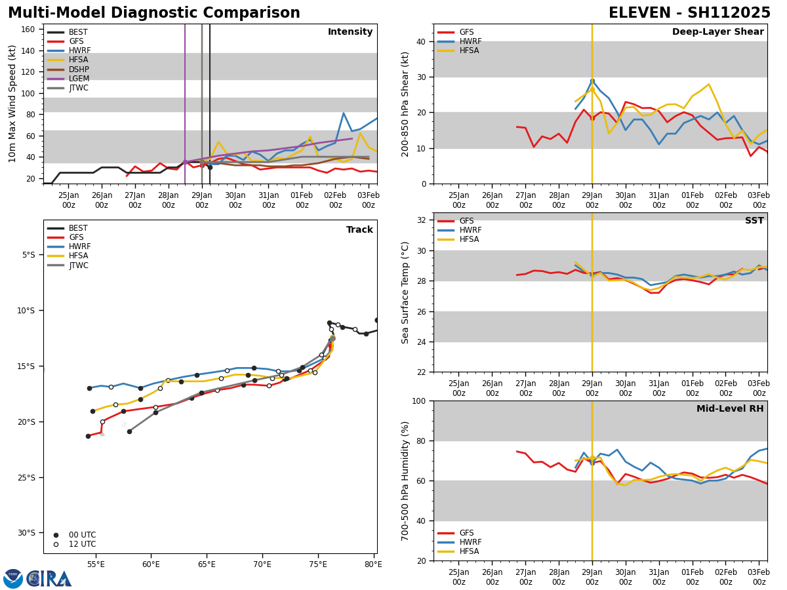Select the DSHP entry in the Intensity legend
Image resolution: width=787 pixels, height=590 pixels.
78,69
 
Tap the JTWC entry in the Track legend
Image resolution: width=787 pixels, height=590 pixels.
78,265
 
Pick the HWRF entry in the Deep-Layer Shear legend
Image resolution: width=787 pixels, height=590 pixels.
470,41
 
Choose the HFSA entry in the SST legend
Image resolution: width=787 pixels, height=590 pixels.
470,239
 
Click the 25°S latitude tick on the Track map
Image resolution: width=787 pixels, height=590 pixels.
28,477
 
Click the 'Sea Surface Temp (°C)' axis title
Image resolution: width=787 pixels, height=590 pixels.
406,292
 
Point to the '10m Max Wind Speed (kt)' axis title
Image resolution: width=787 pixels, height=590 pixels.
12,104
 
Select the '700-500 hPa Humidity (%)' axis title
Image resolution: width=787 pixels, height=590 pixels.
406,481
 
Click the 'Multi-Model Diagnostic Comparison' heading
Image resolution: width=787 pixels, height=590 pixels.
154,13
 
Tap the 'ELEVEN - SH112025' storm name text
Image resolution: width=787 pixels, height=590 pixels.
689,13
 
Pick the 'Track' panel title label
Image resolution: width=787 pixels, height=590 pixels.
359,230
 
